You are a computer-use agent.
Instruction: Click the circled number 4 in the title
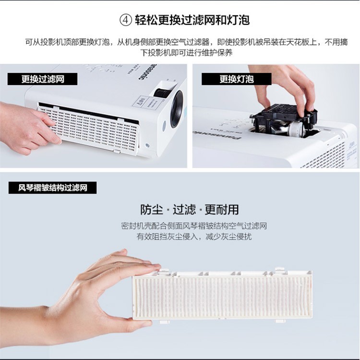(x=126, y=21)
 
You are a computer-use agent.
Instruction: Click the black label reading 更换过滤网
(x=42, y=79)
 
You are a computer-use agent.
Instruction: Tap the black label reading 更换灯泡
(x=237, y=79)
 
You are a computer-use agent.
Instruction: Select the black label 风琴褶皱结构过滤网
(x=53, y=188)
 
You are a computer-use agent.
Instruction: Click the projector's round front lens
(x=177, y=108)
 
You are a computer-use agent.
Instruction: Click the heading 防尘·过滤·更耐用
(x=190, y=209)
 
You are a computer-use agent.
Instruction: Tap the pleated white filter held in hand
(x=222, y=295)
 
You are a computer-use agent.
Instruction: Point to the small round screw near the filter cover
(x=147, y=145)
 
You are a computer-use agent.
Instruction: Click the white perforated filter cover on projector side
(x=90, y=128)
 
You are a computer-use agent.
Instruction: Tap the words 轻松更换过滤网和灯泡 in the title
(x=192, y=20)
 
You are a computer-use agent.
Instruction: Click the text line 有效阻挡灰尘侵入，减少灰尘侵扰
(x=194, y=237)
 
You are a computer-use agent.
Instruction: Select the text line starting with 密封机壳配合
(x=194, y=226)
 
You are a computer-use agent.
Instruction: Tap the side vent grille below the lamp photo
(x=326, y=156)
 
